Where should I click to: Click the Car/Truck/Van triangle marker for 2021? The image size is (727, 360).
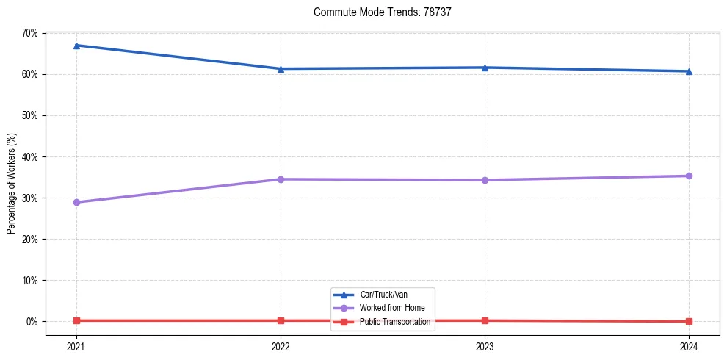tap(76, 46)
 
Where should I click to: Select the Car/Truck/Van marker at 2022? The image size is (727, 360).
tap(281, 69)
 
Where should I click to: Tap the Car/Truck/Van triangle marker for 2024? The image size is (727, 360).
tap(689, 71)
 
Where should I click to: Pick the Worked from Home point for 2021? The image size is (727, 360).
tap(76, 202)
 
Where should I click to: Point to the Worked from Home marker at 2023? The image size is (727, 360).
tap(485, 180)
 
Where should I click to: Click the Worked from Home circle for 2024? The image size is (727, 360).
tap(689, 176)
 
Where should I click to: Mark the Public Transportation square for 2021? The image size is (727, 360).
tap(76, 320)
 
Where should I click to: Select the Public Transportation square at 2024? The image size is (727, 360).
tap(689, 321)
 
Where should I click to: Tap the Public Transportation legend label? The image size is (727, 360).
tap(401, 322)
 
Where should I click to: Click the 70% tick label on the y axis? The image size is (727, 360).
tap(30, 33)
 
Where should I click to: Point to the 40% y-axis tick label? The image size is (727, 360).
tap(30, 156)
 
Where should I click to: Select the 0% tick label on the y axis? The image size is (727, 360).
tap(32, 322)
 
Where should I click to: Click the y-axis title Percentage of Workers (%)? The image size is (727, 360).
tap(11, 184)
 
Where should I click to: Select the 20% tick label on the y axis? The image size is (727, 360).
tap(30, 240)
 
